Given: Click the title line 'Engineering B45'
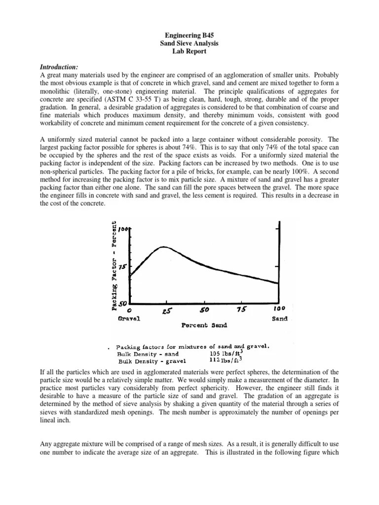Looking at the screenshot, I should point(189,36).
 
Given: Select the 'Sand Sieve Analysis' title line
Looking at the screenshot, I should point(189,43).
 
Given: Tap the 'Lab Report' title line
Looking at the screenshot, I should point(189,51).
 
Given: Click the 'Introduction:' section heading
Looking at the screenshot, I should point(58,67).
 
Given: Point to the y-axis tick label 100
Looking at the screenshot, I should point(123,230).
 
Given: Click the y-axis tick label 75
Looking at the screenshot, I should point(121,266).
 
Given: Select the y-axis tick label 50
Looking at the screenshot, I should point(121,304).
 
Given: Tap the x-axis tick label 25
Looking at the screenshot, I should point(166,311).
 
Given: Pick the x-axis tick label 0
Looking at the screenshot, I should point(129,311).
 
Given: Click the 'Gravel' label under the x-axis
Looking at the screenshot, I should point(129,319).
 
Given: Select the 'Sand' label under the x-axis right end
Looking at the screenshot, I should point(279,319).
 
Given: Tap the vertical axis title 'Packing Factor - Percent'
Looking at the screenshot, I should point(114,266).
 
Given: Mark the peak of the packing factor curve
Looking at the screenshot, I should point(163,247).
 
